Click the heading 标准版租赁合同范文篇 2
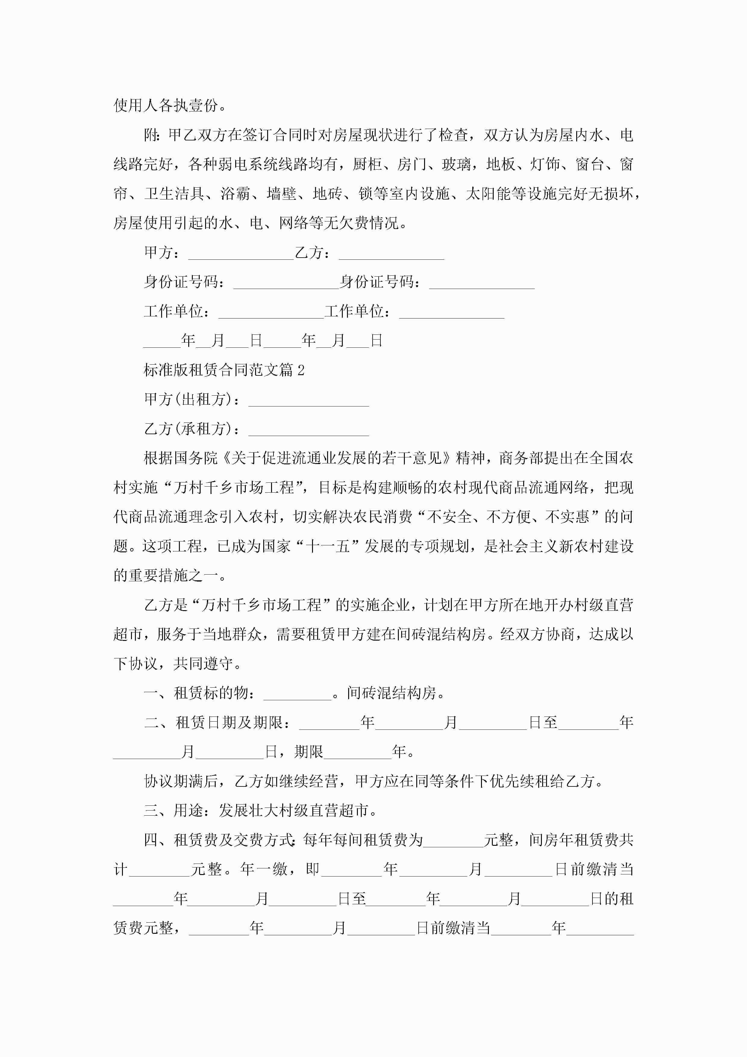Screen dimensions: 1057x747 pos(224,370)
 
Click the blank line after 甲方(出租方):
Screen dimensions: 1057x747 pos(308,400)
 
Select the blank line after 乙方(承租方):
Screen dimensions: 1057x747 pos(308,430)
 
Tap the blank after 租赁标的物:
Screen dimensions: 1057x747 pos(297,694)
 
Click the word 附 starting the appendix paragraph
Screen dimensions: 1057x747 pos(151,135)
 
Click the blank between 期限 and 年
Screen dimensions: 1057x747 pos(357,753)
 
